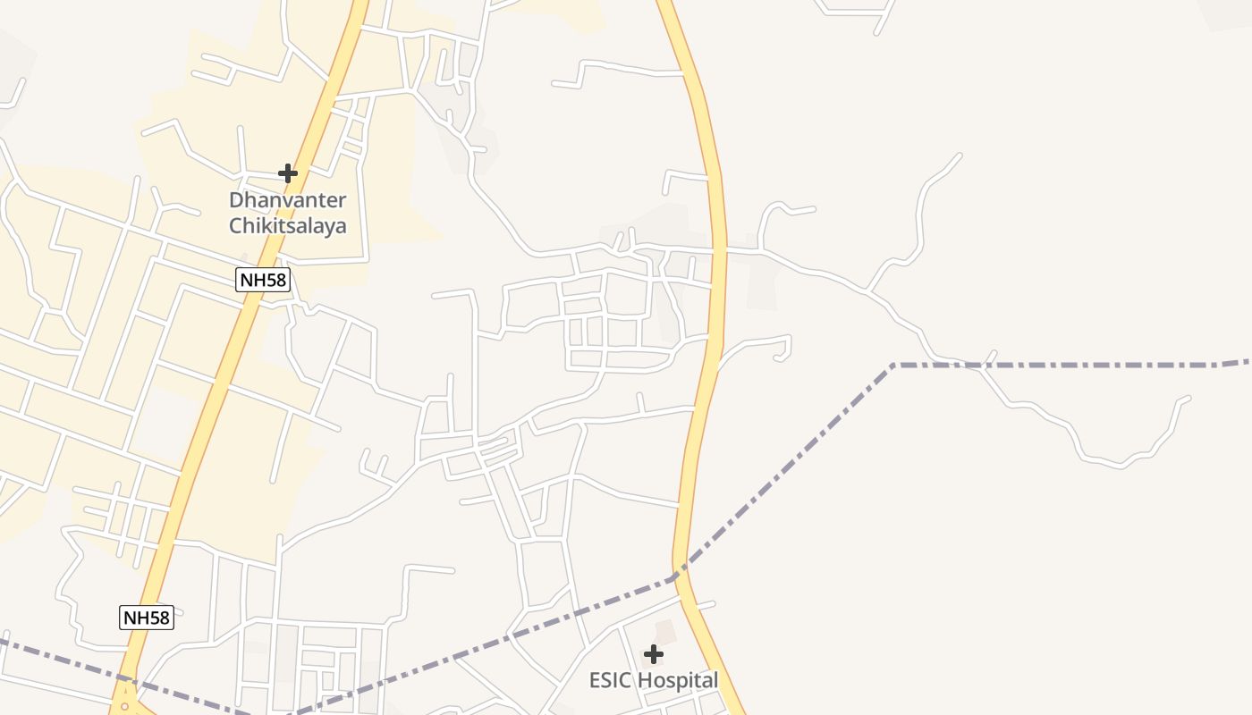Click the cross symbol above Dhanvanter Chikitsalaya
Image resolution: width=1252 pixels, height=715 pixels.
click(287, 172)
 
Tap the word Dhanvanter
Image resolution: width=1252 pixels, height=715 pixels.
click(287, 199)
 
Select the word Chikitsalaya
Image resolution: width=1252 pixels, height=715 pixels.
click(287, 226)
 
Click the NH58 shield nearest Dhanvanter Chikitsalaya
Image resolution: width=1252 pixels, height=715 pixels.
click(264, 280)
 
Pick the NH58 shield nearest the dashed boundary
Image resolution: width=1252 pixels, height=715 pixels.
click(146, 617)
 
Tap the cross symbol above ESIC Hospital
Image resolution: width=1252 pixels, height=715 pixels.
click(654, 654)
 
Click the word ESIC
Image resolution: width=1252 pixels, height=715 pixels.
click(608, 681)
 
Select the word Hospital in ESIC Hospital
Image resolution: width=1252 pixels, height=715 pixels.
click(676, 681)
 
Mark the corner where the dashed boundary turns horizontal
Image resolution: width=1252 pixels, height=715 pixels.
click(893, 366)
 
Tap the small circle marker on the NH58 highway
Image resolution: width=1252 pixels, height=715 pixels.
click(125, 706)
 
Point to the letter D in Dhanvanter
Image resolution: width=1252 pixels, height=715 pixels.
click(236, 199)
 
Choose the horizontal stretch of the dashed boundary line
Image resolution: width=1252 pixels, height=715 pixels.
click(1073, 366)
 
